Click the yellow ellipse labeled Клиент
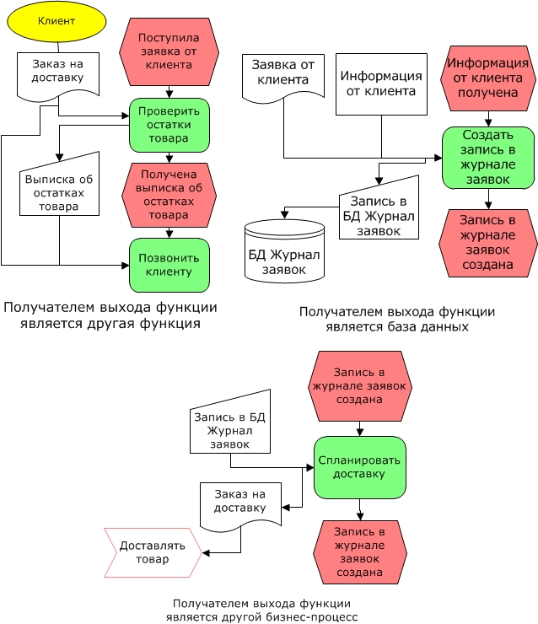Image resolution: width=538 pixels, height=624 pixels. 56,21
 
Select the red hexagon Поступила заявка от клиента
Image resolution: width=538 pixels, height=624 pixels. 169,51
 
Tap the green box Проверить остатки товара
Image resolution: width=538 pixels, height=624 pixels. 169,125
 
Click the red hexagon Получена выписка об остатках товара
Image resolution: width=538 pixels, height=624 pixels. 169,195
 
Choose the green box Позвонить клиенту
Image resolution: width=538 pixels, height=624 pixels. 169,265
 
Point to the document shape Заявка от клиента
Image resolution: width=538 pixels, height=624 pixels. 283,78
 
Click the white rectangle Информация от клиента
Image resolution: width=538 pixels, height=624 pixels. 381,84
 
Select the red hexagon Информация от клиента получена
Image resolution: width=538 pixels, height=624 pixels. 488,78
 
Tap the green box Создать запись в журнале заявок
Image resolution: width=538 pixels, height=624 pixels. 488,158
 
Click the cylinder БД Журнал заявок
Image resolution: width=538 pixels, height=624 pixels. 284,251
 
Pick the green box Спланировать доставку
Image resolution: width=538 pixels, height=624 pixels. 360,468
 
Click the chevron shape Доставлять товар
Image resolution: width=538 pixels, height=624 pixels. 153,552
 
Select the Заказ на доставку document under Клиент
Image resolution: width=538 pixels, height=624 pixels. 57,76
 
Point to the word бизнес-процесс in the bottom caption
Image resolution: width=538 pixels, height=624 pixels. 311,617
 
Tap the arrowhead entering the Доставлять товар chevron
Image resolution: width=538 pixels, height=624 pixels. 205,553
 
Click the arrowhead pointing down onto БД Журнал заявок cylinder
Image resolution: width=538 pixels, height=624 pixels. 284,214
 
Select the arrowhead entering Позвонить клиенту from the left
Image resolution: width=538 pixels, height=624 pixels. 126,265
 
